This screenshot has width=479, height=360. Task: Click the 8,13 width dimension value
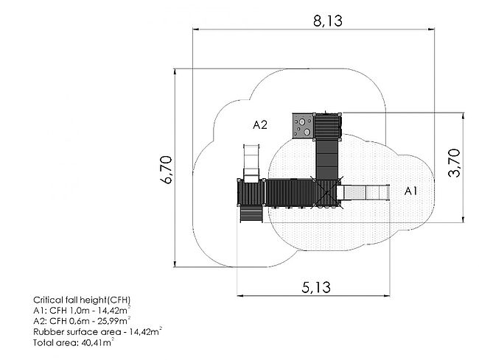point(328,21)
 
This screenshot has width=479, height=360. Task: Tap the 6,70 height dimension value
point(167,169)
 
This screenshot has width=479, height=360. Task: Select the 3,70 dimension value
point(454,163)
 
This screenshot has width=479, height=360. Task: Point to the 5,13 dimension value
point(316,287)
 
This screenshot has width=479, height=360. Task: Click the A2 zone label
point(260,124)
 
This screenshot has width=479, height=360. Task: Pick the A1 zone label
point(410,191)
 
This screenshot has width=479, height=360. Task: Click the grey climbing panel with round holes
point(304,126)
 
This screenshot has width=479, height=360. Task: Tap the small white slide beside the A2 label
point(251,163)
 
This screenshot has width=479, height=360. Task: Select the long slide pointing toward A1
point(363,193)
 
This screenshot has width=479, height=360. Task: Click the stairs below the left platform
point(251,213)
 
